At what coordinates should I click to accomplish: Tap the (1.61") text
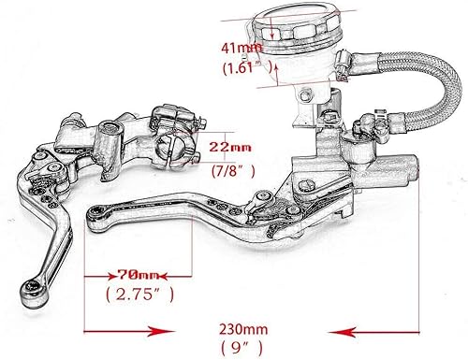tap(241, 67)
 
